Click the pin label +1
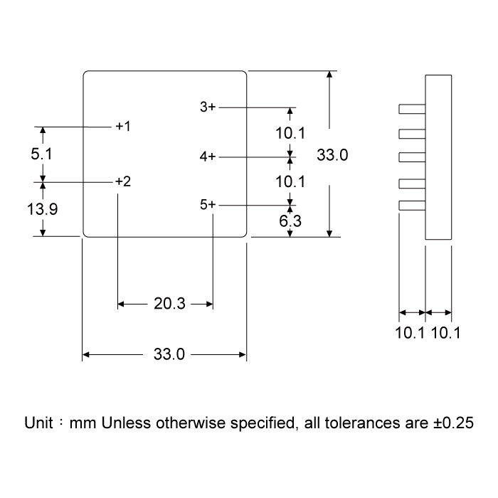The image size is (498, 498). point(123,126)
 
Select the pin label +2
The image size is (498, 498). point(123,181)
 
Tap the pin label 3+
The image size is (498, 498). point(207,107)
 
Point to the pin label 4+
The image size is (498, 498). point(207,156)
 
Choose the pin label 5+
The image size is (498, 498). point(207,205)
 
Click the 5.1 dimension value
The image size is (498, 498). point(42,154)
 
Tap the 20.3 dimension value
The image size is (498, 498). point(169,304)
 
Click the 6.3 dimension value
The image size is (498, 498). point(290,221)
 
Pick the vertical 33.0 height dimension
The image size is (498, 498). point(332,154)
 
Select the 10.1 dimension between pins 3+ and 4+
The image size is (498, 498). point(290,132)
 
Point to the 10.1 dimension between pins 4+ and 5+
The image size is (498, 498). point(290,181)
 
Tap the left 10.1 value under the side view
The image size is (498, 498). point(410,332)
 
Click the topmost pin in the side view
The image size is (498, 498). point(412,109)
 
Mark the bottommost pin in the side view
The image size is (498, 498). point(412,206)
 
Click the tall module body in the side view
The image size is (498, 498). point(438,157)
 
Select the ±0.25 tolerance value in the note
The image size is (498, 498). point(452,423)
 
